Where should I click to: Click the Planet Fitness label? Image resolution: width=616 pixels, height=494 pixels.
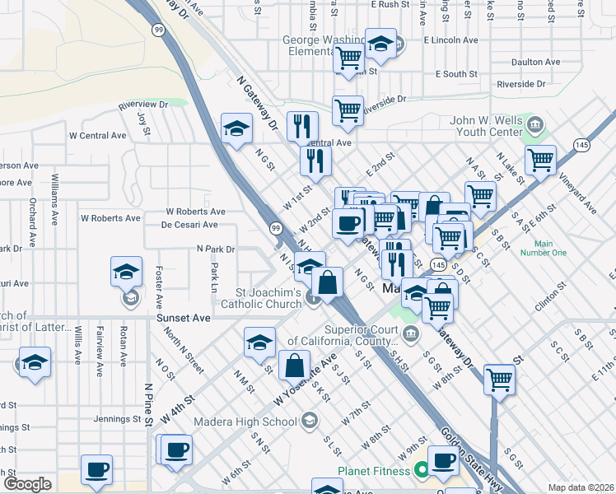click(x=373, y=471)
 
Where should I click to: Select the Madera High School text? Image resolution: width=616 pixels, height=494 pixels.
click(x=245, y=422)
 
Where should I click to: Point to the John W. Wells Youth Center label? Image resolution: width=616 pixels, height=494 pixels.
click(x=486, y=126)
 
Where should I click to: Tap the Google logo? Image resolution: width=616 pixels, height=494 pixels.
click(x=28, y=484)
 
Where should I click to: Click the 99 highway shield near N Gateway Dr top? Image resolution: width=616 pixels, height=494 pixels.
click(x=157, y=29)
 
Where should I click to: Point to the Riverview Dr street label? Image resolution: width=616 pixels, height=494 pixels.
click(x=142, y=105)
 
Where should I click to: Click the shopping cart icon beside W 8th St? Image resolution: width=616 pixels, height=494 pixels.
click(x=499, y=379)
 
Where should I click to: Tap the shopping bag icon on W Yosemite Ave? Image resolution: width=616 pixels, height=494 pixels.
click(x=294, y=364)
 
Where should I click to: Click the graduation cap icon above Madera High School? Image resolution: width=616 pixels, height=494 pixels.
click(x=259, y=342)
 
